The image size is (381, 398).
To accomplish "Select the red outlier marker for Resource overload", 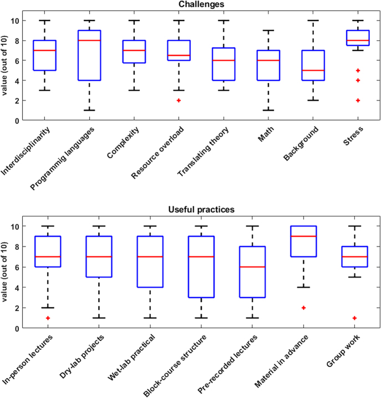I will (x=179, y=100).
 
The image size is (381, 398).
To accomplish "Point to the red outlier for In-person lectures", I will (x=48, y=318).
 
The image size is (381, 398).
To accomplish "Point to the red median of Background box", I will (x=312, y=70).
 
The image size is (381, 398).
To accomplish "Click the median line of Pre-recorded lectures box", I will (x=252, y=267).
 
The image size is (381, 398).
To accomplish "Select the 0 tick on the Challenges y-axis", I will (x=22, y=120).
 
